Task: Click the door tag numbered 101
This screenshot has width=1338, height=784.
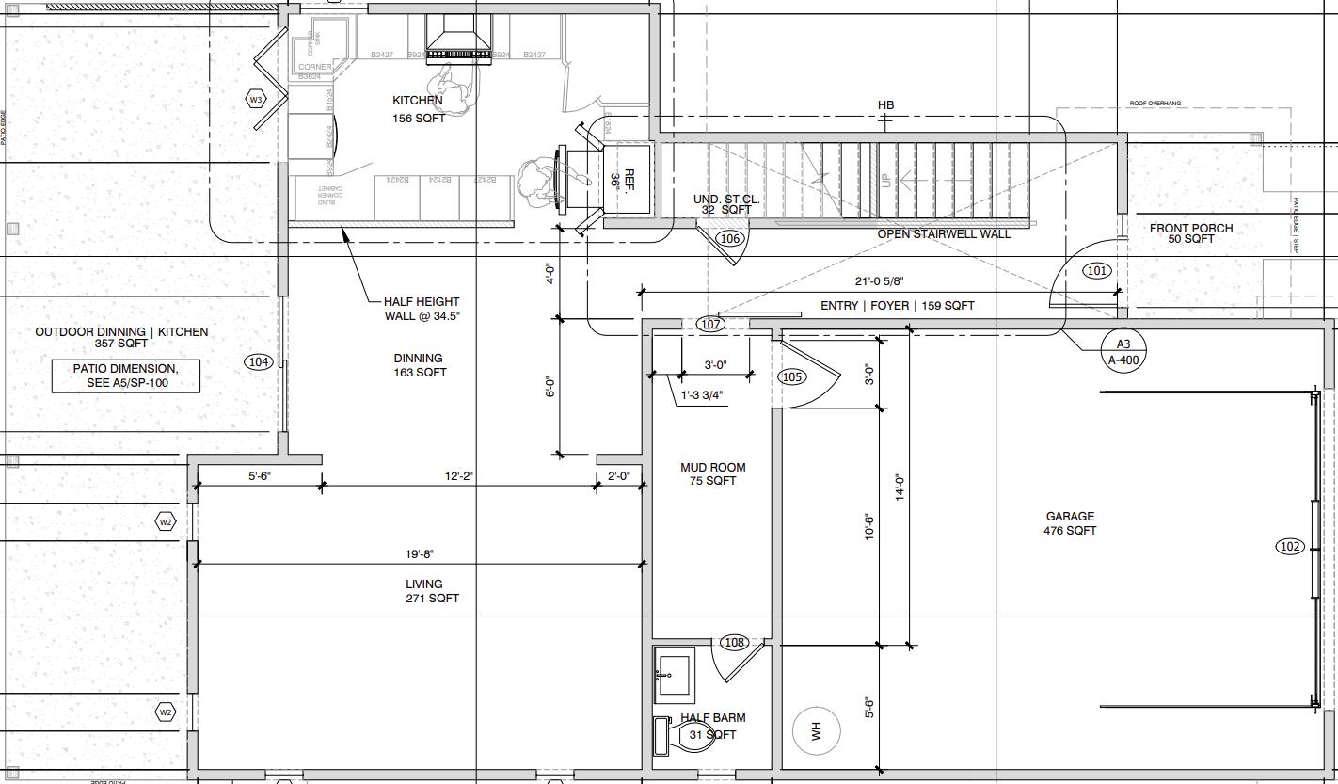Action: [x=1096, y=270]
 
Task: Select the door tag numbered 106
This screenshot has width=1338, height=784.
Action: [x=729, y=238]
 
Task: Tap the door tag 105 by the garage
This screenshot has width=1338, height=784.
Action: [x=792, y=376]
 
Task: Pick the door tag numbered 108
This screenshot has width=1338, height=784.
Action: [x=734, y=642]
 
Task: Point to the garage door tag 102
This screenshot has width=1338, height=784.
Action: [x=1289, y=546]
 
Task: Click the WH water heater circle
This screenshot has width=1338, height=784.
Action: [x=816, y=730]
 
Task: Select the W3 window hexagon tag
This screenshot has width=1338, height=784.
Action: [x=256, y=99]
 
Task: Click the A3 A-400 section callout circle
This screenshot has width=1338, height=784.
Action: [x=1123, y=352]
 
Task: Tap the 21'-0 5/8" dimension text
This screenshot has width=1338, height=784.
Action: [x=880, y=281]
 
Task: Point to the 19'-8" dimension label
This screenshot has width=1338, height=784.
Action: [x=420, y=554]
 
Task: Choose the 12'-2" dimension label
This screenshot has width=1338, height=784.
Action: [x=459, y=476]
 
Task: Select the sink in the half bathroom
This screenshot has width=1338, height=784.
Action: [x=673, y=674]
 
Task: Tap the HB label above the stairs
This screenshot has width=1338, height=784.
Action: [x=885, y=105]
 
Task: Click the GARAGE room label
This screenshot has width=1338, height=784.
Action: [x=1070, y=523]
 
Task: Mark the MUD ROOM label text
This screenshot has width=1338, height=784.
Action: [x=713, y=473]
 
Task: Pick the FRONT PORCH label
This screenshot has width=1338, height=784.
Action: [x=1191, y=233]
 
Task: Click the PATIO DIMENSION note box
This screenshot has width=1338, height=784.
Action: [x=125, y=376]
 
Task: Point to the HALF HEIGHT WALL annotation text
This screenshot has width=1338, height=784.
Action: [x=422, y=309]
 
